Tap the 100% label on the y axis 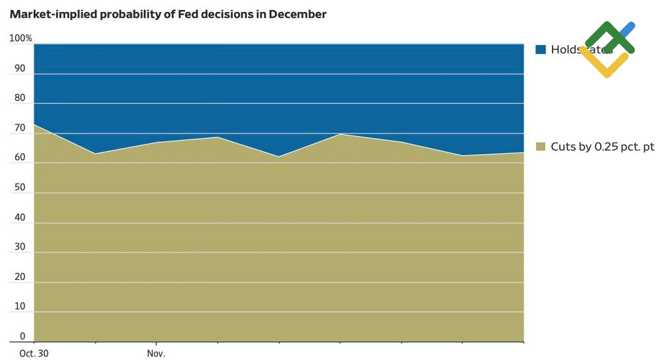[20, 38]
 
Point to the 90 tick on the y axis [20, 69]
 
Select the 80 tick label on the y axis [20, 98]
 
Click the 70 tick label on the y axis [20, 128]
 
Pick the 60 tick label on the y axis [20, 158]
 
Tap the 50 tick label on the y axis [20, 188]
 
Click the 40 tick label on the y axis [20, 217]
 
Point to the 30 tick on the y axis [20, 247]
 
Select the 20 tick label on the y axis [20, 277]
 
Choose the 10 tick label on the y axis [20, 306]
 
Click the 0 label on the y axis [22, 336]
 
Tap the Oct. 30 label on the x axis [34, 353]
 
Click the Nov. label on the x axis [156, 353]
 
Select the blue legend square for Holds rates [540, 50]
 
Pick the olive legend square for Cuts [540, 147]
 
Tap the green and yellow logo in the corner [608, 48]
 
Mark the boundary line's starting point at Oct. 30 [34, 124]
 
